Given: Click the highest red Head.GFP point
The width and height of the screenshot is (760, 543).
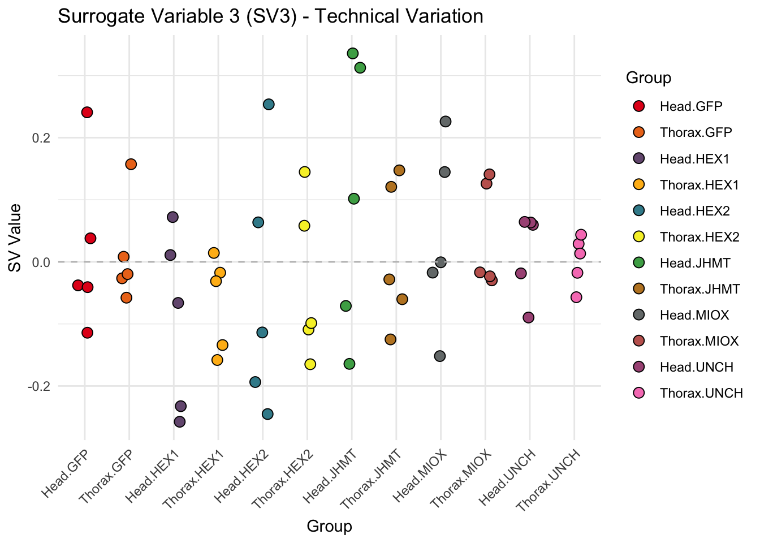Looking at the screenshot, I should [87, 112].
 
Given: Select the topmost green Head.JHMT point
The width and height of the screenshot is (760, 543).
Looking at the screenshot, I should [353, 53].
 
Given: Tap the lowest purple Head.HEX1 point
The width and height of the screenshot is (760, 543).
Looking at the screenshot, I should [180, 421].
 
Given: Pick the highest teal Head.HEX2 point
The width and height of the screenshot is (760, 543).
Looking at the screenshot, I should [269, 104].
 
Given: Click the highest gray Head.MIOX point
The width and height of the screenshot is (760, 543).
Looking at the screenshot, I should [446, 121].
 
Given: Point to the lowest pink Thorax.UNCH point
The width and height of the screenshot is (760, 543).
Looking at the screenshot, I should [576, 297].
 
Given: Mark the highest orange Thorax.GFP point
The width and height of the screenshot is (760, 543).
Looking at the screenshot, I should [131, 164].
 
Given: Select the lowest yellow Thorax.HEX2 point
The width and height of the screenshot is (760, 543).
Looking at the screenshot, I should [310, 364].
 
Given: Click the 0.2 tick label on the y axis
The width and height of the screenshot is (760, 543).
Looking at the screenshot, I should [41, 138].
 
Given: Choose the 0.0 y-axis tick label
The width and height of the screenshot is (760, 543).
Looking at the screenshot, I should [41, 262].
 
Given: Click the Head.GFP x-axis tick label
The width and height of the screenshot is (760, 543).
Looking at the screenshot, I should [66, 474].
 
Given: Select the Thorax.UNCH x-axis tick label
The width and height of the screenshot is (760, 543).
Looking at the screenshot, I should [550, 480].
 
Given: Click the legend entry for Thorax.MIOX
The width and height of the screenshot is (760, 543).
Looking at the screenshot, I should [699, 341].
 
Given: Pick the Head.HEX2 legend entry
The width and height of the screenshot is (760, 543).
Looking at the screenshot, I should [694, 211].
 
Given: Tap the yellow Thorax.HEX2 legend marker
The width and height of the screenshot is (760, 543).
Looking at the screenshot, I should [639, 237].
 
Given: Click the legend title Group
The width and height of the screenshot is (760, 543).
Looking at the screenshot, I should [649, 78].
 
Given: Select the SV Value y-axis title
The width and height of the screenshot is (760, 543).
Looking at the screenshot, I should [15, 238].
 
